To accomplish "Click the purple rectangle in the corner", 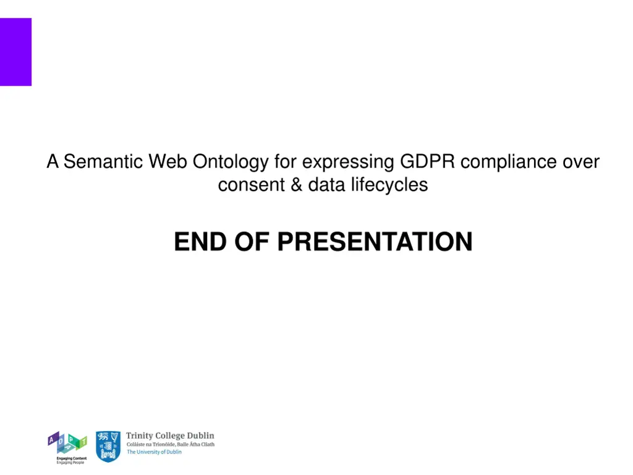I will [x=15, y=52].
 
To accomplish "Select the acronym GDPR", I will [x=427, y=162].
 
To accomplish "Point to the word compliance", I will [x=508, y=163].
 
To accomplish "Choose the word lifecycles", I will [x=389, y=185].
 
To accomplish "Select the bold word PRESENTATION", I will [x=375, y=242].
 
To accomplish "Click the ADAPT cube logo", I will [x=67, y=443].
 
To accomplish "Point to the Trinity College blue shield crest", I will [x=108, y=447].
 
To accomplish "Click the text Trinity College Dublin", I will [x=170, y=436].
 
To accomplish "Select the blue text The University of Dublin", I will [x=154, y=452].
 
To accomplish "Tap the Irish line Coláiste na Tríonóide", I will [x=171, y=444].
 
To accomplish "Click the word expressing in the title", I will [x=348, y=163].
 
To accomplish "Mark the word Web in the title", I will [x=168, y=162].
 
